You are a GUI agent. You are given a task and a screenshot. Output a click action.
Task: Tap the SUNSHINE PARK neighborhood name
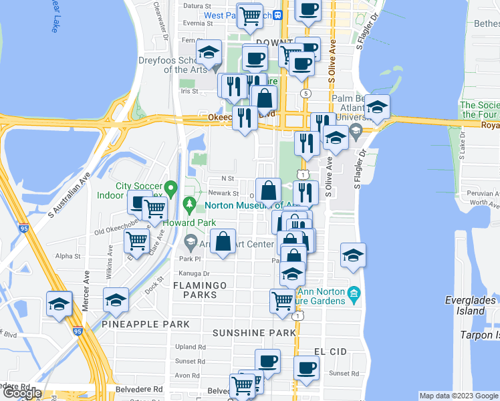(x=253, y=333)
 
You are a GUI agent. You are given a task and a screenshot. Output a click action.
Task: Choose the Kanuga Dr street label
(x=194, y=274)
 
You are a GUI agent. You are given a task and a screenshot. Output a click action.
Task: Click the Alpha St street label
(x=68, y=256)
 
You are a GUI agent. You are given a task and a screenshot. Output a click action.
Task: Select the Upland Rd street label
(x=191, y=347)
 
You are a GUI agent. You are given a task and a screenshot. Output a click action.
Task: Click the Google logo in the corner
(x=21, y=394)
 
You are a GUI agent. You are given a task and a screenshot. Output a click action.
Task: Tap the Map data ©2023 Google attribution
(x=457, y=396)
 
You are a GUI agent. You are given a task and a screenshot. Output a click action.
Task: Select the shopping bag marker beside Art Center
(x=223, y=241)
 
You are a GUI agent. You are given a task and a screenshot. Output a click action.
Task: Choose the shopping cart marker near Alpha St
(x=137, y=241)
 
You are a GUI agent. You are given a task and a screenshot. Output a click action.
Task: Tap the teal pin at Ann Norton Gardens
(x=355, y=292)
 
